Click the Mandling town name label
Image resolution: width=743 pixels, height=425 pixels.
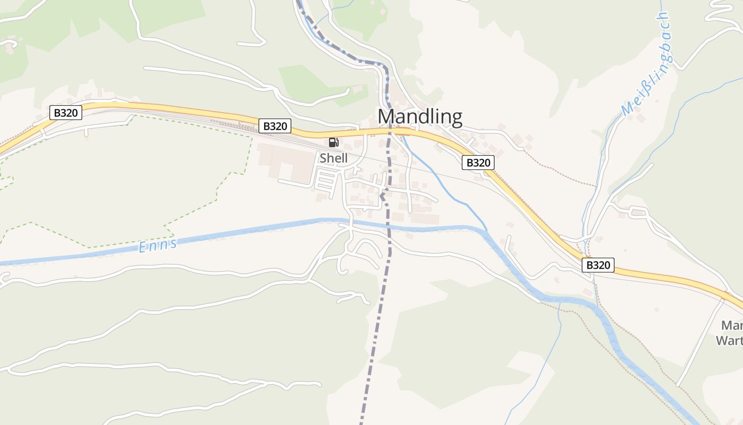pyautogui.click(x=420, y=116)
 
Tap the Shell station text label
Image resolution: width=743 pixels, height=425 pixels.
pyautogui.click(x=333, y=158)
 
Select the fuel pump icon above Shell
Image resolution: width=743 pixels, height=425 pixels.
pyautogui.click(x=333, y=142)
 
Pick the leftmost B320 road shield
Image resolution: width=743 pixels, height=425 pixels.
pyautogui.click(x=66, y=112)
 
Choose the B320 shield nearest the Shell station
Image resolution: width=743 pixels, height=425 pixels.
pyautogui.click(x=275, y=126)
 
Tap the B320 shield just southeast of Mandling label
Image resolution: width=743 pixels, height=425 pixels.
pyautogui.click(x=478, y=163)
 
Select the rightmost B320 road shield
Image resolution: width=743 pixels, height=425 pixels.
pyautogui.click(x=598, y=265)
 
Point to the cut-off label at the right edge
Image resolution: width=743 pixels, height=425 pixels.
pyautogui.click(x=731, y=333)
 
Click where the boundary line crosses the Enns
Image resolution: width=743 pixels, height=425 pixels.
pyautogui.click(x=389, y=228)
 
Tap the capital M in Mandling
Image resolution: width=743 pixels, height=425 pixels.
pyautogui.click(x=386, y=116)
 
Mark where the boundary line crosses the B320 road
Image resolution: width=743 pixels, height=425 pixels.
pyautogui.click(x=390, y=131)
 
